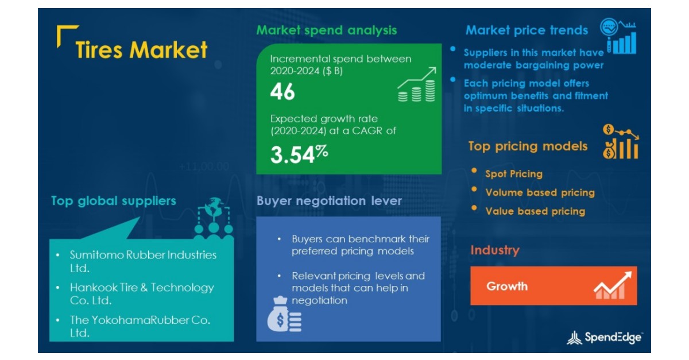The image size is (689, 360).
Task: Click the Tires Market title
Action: [141, 50]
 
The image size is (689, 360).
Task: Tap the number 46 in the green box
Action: [282, 92]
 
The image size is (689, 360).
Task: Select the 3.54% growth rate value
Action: [299, 154]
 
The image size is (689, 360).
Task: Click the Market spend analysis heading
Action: [326, 30]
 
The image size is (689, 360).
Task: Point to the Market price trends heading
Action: [527, 30]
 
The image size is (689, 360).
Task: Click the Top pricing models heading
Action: [528, 146]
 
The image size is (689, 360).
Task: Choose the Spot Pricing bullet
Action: [513, 173]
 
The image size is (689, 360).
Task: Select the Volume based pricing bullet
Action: [540, 192]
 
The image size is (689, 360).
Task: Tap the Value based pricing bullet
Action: [535, 211]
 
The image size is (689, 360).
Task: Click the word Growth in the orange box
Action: [506, 286]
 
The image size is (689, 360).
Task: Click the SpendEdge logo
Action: [605, 338]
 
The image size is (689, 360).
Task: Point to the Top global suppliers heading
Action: [113, 201]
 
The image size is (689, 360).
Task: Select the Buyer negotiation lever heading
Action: [329, 201]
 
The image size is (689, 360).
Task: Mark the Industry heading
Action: [494, 250]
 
